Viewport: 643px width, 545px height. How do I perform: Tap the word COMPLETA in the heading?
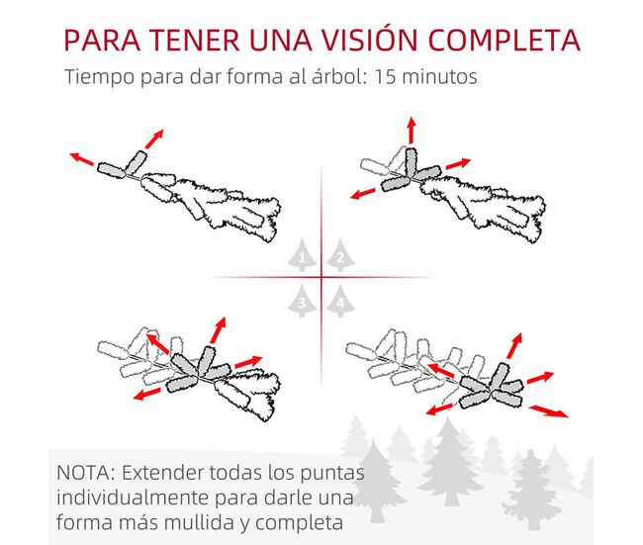point(505,40)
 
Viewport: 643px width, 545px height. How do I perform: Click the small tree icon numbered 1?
point(303,255)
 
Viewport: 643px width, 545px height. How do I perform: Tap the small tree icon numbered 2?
point(340,255)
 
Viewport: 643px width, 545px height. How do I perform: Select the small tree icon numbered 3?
point(303,301)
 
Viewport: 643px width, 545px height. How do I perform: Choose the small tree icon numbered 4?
point(340,301)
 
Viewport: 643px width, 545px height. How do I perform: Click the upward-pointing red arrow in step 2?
point(412,130)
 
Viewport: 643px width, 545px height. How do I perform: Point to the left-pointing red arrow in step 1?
point(81,159)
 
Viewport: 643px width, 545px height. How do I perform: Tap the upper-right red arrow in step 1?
point(154,139)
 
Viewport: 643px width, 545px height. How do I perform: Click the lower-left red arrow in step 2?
point(363,194)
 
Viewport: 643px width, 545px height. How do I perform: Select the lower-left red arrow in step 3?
point(146,394)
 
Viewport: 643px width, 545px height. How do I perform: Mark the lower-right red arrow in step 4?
point(549,410)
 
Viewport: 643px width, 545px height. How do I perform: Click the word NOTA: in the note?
point(86,473)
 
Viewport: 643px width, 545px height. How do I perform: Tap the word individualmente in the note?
point(133,498)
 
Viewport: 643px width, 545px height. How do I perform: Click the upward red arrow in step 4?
point(514,346)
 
